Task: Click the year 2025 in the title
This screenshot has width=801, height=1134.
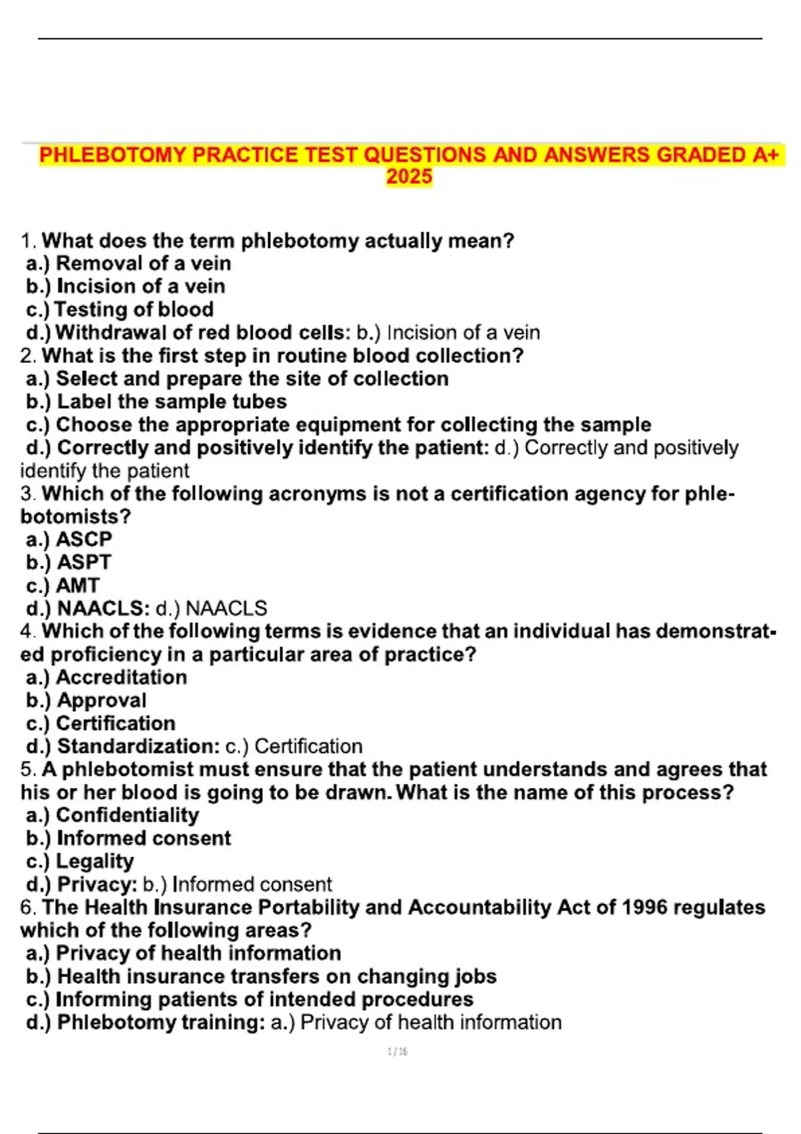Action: point(409,177)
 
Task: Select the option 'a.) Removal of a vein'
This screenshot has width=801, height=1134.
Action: point(128,263)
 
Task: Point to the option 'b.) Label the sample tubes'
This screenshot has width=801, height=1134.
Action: point(156,402)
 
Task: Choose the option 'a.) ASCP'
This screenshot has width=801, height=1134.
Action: point(69,539)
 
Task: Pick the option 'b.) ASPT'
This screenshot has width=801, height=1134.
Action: point(69,562)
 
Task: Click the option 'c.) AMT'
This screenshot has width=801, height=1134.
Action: point(63,586)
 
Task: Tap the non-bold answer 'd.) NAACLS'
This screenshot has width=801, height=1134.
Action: point(211,608)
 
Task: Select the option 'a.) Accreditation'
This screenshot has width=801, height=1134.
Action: point(107,677)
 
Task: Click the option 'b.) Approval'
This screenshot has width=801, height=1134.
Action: point(86,700)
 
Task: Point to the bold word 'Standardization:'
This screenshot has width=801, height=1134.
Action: point(138,746)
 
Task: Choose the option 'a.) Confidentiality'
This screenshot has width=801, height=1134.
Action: point(112,815)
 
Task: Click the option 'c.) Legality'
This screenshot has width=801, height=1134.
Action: point(80,861)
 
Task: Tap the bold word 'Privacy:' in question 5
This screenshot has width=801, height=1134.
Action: point(97,885)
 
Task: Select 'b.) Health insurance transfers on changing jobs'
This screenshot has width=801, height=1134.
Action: point(261,977)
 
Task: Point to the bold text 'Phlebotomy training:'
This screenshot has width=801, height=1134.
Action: point(161,1023)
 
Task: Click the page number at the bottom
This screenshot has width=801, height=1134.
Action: point(398,1052)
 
